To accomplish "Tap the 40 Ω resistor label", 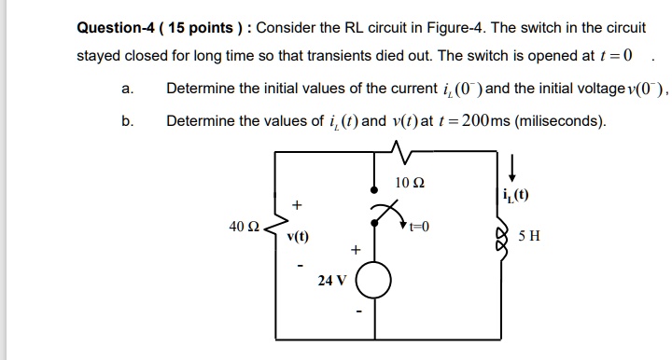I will click(x=244, y=227).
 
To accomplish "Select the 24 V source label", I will click(x=331, y=279).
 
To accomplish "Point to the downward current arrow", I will click(x=511, y=169).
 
